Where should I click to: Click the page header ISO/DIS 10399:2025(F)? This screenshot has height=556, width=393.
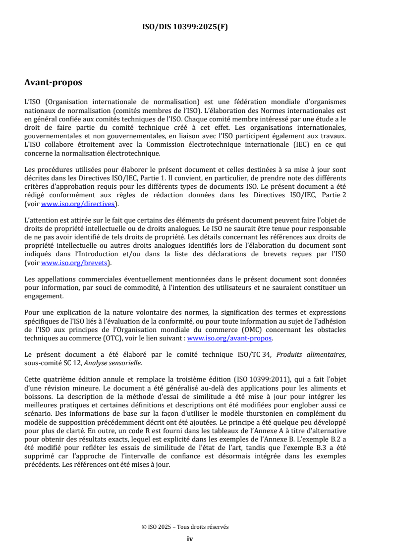pyautogui.click(x=185, y=27)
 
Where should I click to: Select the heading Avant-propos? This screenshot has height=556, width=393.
pyautogui.click(x=53, y=82)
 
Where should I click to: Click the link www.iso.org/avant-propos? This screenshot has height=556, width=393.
pyautogui.click(x=229, y=339)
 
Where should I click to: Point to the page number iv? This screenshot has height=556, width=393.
pyautogui.click(x=189, y=539)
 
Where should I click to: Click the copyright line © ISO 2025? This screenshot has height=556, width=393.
pyautogui.click(x=185, y=527)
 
